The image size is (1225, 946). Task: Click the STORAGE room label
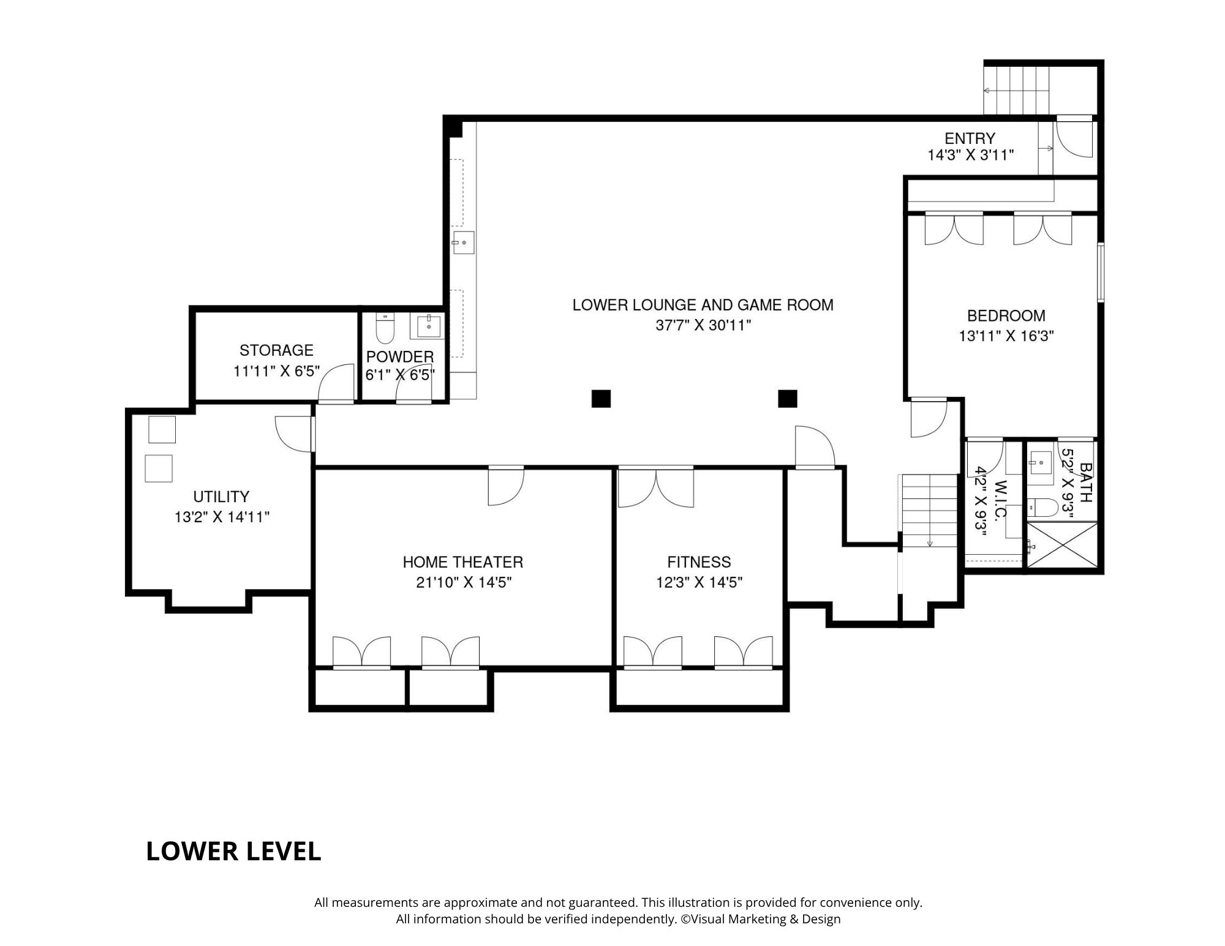tap(276, 350)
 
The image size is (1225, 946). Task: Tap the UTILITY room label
tap(221, 497)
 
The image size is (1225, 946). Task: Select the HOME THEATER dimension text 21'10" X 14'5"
tap(464, 582)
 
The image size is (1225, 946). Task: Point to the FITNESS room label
tap(699, 562)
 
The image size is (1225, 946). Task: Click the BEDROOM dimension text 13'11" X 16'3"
tap(1006, 336)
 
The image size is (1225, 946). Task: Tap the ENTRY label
tap(970, 138)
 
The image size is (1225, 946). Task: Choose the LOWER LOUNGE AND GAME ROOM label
tap(703, 305)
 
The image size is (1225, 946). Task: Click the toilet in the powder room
tap(385, 329)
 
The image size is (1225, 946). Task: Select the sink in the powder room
tap(429, 326)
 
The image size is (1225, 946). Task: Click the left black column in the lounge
tap(601, 399)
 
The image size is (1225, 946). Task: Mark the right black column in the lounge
tap(787, 399)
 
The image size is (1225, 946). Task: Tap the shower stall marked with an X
tap(1061, 545)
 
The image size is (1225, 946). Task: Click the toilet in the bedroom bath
tap(1042, 507)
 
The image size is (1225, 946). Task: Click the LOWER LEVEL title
tap(233, 851)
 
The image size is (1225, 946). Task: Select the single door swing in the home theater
tap(506, 486)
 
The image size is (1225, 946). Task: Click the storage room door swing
tap(336, 383)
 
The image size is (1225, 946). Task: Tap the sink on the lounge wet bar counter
tap(464, 243)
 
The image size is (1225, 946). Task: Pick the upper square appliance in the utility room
tap(162, 429)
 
